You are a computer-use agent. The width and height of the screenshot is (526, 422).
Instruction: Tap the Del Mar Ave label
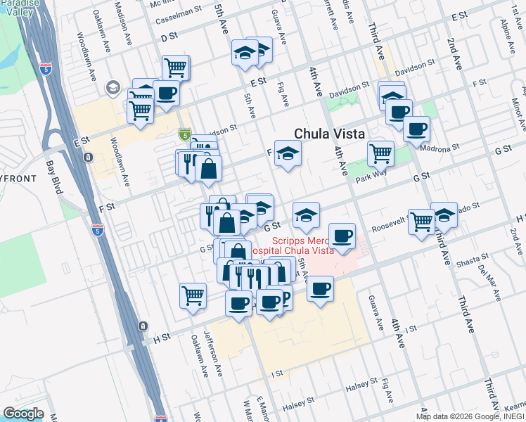tap(487, 275)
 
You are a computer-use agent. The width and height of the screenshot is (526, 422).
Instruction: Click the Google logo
tap(24, 414)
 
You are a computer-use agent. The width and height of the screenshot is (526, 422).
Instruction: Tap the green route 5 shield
tap(184, 134)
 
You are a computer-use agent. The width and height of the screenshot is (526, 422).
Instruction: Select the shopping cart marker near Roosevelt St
tap(421, 220)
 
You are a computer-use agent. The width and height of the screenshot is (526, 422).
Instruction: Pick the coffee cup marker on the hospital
tap(342, 236)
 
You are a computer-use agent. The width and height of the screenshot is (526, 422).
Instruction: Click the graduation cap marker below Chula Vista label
tap(288, 153)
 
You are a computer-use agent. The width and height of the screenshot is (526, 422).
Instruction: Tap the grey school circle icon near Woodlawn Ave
tap(113, 88)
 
